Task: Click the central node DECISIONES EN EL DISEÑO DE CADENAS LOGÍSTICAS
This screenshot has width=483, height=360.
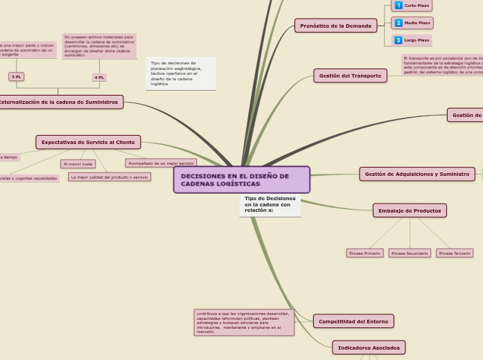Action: point(241,179)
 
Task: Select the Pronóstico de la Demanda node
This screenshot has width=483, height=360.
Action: point(335,26)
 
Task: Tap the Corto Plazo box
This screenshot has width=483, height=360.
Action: point(412,6)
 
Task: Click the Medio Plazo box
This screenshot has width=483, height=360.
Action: point(412,23)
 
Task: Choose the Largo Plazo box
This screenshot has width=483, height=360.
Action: point(412,40)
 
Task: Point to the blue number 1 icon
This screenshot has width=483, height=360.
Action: point(398,6)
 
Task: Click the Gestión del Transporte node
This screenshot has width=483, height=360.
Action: point(350,75)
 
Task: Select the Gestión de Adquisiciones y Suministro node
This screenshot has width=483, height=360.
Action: point(416,174)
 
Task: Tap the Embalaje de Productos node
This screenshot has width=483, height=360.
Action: point(410,210)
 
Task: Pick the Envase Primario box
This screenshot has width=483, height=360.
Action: point(365,253)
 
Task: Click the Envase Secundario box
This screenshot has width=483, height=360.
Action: point(410,253)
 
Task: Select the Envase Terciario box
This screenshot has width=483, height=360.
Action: point(455,253)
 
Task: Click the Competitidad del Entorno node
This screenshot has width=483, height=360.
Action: point(353,321)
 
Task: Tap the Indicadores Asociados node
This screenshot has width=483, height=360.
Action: point(369,347)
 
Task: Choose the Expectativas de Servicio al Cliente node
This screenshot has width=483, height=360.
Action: point(88,142)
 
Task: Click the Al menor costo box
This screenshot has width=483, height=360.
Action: point(78,164)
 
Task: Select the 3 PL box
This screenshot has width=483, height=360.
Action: point(16,77)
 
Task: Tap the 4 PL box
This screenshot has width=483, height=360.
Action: point(99,78)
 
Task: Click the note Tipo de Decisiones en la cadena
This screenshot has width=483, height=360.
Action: point(270,204)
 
